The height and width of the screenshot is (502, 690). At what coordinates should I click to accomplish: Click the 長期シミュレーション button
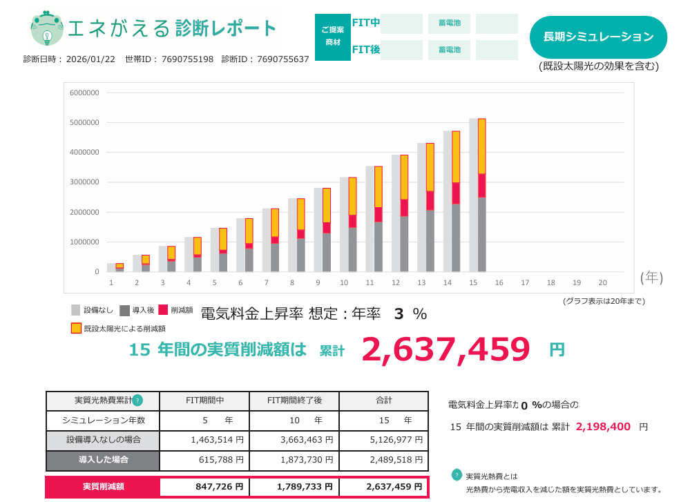[x=598, y=37]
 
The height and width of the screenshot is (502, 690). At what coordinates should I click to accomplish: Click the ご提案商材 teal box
[x=332, y=37]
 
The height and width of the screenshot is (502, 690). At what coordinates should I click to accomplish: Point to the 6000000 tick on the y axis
[x=84, y=93]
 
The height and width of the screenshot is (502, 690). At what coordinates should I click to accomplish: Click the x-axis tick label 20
[x=602, y=282]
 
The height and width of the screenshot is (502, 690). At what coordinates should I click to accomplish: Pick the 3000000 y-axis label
[x=84, y=182]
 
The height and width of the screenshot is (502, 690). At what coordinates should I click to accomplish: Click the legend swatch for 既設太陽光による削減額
[x=76, y=328]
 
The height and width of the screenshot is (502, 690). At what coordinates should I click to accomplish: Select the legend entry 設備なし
[x=93, y=311]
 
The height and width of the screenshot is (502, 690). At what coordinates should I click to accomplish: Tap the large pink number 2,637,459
[x=445, y=349]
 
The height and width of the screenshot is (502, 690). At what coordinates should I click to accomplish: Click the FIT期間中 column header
[x=204, y=400]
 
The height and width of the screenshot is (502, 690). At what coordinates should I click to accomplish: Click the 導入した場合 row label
[x=103, y=459]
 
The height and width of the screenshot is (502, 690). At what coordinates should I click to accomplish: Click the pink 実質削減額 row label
[x=103, y=487]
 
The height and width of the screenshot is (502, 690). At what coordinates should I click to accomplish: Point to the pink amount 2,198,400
[x=603, y=427]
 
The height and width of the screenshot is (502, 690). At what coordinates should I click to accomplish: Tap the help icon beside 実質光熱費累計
[x=137, y=400]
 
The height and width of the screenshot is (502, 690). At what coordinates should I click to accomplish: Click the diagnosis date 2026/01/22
[x=90, y=59]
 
